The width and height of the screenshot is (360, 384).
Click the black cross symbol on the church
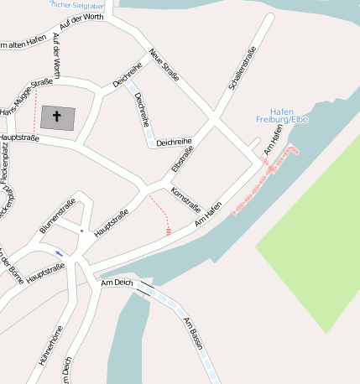tap(57, 117)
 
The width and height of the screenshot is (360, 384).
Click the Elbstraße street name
tap(182, 158)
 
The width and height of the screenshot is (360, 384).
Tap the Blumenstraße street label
tap(57, 216)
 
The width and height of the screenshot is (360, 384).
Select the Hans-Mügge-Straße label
tap(26, 99)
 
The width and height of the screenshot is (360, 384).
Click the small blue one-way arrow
tap(59, 253)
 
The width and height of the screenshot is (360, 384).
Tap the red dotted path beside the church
tap(35, 109)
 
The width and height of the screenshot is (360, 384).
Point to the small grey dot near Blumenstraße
tap(81, 231)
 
